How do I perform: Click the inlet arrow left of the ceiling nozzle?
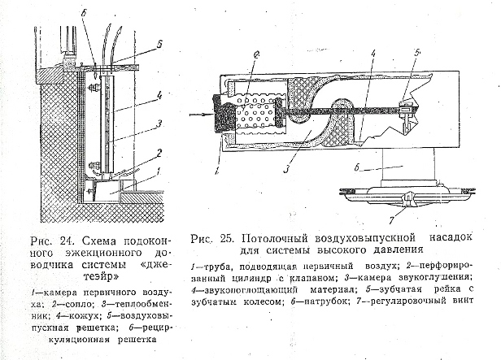[x=199, y=115]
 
